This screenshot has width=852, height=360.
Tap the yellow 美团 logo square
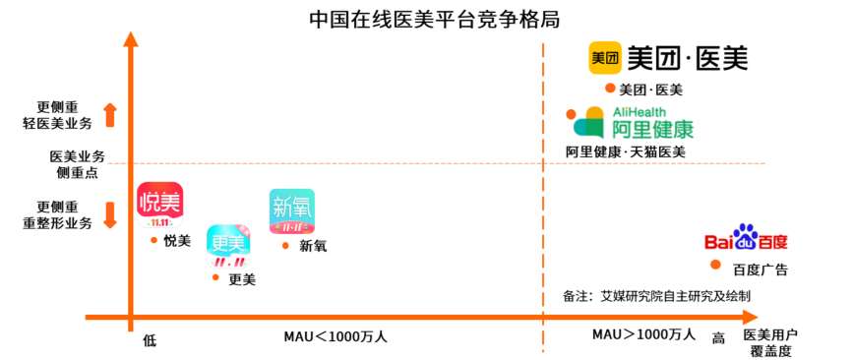click(x=605, y=58)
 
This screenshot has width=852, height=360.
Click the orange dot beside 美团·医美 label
click(x=610, y=88)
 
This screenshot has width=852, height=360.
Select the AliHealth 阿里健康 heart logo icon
click(x=589, y=122)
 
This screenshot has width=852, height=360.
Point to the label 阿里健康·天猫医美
click(x=626, y=152)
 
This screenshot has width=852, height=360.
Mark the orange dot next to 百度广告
click(x=715, y=265)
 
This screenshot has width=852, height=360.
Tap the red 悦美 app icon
click(x=159, y=205)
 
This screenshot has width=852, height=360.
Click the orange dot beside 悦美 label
click(x=153, y=240)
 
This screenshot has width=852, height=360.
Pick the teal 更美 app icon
click(x=229, y=247)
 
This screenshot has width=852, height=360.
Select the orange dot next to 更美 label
click(x=215, y=277)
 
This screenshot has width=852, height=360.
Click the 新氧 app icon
click(x=292, y=211)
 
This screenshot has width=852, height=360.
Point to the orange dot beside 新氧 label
click(x=285, y=246)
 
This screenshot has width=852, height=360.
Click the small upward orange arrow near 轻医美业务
click(x=110, y=114)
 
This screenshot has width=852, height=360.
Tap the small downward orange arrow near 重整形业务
click(x=110, y=214)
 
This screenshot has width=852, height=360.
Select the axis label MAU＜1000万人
click(x=335, y=337)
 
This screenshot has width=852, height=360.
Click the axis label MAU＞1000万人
click(x=643, y=334)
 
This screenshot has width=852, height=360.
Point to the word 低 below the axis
click(x=150, y=341)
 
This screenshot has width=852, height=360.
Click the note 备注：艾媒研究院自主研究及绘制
click(x=657, y=296)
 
